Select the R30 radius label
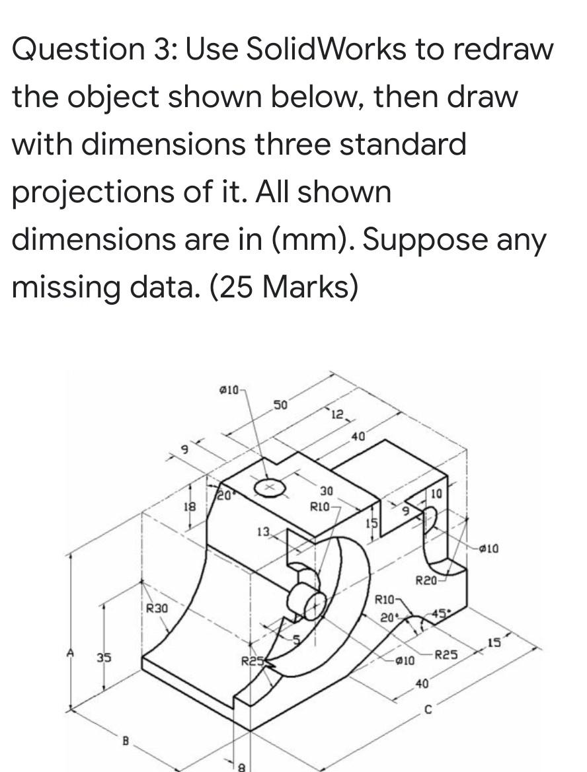(157, 607)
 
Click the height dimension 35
(104, 658)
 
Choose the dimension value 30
(327, 491)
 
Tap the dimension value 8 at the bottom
(241, 767)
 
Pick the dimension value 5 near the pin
(297, 638)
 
